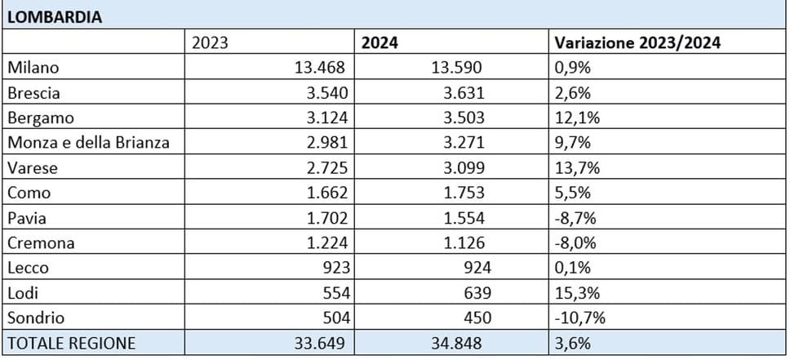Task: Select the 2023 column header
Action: click(210, 42)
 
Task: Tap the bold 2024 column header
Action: click(381, 42)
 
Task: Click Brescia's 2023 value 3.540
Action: click(324, 92)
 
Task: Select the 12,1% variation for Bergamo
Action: click(577, 118)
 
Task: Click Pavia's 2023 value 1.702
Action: click(324, 218)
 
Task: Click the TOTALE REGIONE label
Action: click(71, 344)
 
